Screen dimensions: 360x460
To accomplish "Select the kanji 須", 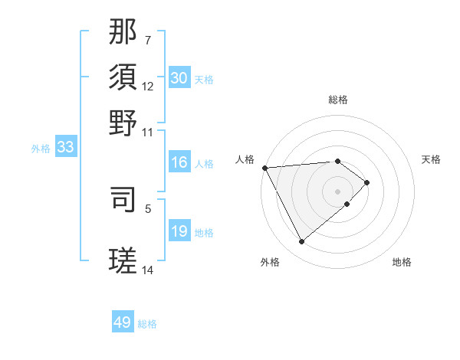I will (123, 77).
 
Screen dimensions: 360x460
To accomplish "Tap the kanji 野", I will (123, 123).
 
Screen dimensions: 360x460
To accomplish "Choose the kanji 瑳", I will (123, 260).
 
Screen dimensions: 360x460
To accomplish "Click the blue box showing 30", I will (179, 78).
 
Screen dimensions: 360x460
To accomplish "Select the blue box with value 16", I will (179, 162).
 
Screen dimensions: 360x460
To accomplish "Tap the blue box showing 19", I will (179, 231).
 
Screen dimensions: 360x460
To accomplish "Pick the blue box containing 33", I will (65, 148).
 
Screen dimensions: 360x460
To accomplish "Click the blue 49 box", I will (123, 322).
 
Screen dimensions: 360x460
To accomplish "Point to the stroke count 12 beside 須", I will (148, 86).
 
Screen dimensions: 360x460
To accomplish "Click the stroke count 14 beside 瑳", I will (148, 270).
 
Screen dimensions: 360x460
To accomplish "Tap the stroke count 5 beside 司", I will (148, 207).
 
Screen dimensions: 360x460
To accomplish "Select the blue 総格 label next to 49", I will (147, 324).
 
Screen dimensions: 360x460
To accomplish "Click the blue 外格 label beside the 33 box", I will (40, 149).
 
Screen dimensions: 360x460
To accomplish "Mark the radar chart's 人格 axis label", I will (245, 159).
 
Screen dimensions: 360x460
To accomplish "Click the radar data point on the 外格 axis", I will (302, 242).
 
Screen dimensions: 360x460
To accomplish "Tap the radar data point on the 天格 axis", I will (367, 182).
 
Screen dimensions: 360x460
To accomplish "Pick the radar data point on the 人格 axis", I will (264, 168).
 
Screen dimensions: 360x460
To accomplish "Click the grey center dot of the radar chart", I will (338, 191).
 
